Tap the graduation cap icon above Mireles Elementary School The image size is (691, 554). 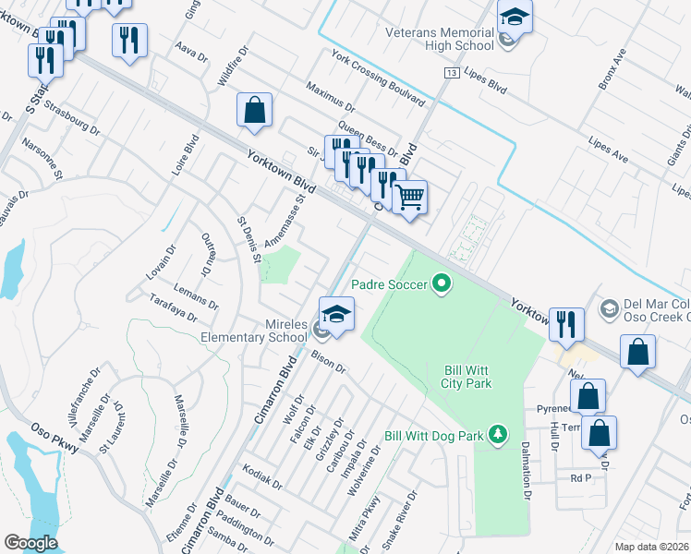tap(337, 314)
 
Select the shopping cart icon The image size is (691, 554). tap(409, 196)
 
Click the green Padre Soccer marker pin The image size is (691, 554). tap(442, 284)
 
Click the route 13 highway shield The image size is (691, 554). tap(451, 72)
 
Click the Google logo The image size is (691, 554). tap(31, 543)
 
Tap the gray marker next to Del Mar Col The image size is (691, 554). tap(609, 307)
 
